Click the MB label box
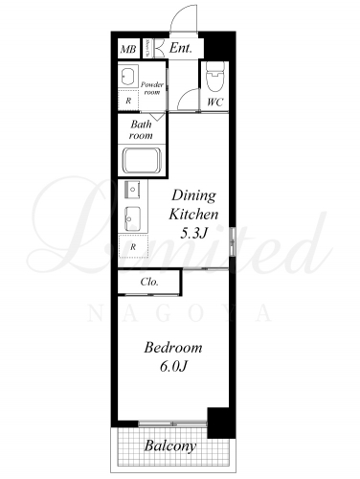(x=128, y=49)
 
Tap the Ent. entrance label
(x=181, y=48)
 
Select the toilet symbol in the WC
(x=214, y=77)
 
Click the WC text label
(x=214, y=103)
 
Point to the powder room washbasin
(x=129, y=76)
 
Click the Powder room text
(x=152, y=88)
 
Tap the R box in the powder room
(x=128, y=101)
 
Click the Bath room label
(x=141, y=129)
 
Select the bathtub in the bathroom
(x=142, y=161)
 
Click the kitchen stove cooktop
(x=133, y=191)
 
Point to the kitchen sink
(x=132, y=218)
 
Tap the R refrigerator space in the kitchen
(x=133, y=246)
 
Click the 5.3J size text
(x=194, y=234)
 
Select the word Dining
(x=193, y=195)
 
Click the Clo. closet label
(x=149, y=282)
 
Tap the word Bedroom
(x=173, y=348)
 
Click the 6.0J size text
(x=172, y=367)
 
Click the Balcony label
(x=170, y=446)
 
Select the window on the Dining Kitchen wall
(x=233, y=241)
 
